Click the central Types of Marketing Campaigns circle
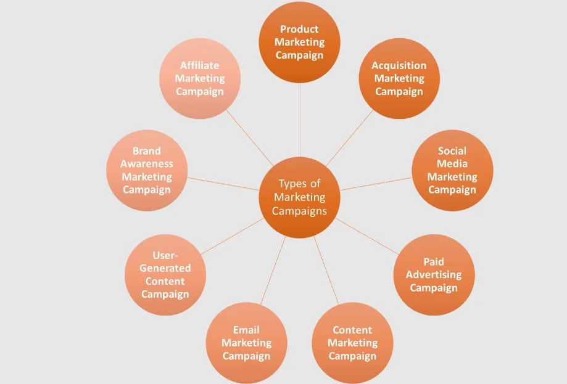tap(300, 197)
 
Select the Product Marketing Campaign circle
tap(299, 42)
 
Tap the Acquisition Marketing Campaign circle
tap(399, 78)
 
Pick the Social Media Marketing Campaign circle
tap(452, 170)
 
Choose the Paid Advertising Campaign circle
tap(434, 275)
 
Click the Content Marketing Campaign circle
tap(352, 343)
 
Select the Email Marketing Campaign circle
tap(246, 343)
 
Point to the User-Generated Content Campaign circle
tap(165, 275)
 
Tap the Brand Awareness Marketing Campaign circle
tap(147, 170)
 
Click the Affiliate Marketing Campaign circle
tap(200, 78)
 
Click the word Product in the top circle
tap(299, 29)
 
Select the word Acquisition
tap(399, 65)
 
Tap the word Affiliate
tap(200, 65)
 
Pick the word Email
tap(246, 330)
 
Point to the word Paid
tap(434, 262)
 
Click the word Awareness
tap(147, 164)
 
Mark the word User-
tap(165, 255)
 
